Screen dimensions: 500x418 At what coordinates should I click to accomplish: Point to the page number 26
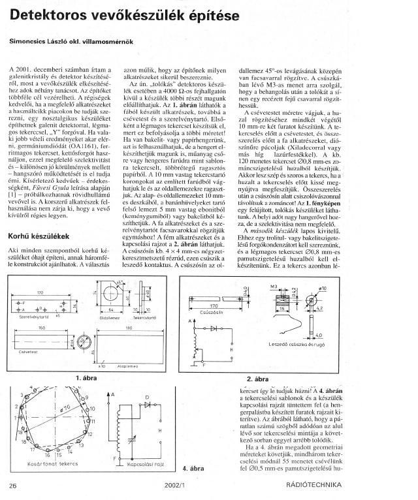[x=13, y=485]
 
